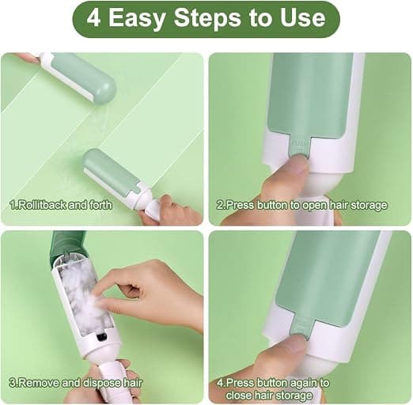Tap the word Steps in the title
coord(207,19)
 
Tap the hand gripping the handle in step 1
coord(172,210)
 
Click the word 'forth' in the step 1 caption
coord(100,205)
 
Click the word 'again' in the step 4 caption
coord(287,383)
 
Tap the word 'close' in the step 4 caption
coord(239,396)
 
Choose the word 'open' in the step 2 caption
coord(313,206)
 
